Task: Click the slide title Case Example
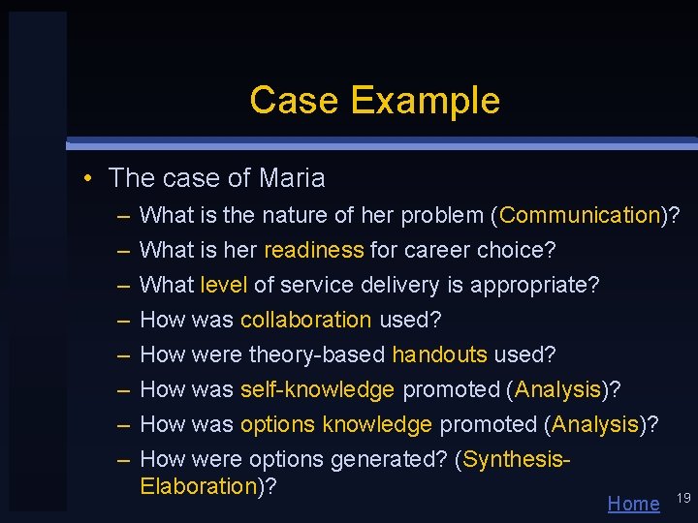(374, 100)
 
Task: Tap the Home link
(633, 503)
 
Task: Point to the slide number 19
(682, 498)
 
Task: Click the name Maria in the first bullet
(293, 178)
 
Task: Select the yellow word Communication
(580, 215)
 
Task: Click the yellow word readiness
(313, 250)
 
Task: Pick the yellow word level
(223, 285)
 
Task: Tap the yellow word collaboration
(305, 320)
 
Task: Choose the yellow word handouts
(439, 354)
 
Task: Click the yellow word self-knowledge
(317, 389)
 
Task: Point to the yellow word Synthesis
(513, 459)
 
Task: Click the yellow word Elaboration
(197, 485)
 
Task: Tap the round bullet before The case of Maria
(87, 179)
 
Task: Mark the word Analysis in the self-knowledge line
(557, 389)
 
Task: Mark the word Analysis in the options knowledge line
(595, 424)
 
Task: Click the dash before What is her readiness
(124, 250)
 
